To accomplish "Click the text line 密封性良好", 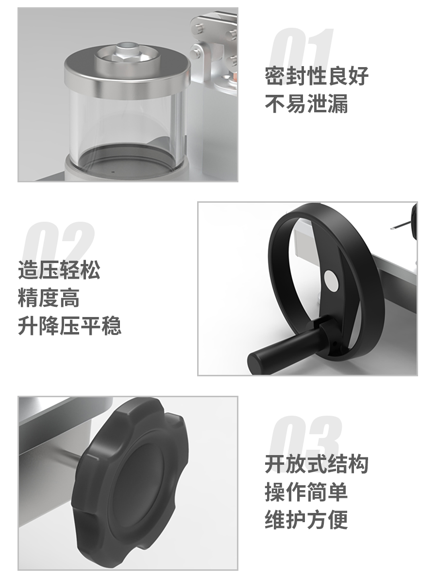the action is pos(317,76).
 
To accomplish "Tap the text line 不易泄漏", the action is pos(306,104).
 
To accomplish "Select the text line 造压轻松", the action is pos(59,270).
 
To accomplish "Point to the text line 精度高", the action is pos(49,299).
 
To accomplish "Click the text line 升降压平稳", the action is pos(69,326).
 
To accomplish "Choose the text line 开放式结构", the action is pos(317,464).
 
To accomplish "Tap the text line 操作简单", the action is pos(306,492).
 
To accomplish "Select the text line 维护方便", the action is pos(306,519).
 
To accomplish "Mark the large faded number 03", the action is pos(305,437).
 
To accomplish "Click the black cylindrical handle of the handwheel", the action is pos(283,345).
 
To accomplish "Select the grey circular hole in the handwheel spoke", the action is pos(331,281).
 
